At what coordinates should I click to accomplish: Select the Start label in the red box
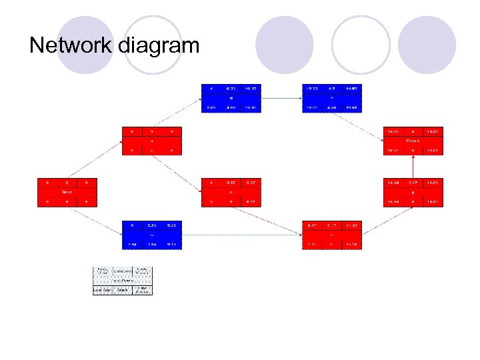coord(67,191)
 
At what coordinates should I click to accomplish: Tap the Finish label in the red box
coord(413,141)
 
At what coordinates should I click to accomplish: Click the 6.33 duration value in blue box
coord(231,88)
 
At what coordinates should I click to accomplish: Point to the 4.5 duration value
coord(331,88)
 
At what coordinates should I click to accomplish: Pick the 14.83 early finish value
coord(351,88)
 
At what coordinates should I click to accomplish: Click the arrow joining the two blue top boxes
coord(281,97)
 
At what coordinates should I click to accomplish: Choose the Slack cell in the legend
coord(123,290)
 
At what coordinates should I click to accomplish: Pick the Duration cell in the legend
coord(123,271)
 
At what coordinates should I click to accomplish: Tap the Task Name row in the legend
coord(123,281)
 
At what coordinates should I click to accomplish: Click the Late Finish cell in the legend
coord(142,290)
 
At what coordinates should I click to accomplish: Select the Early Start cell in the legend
coord(103,271)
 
